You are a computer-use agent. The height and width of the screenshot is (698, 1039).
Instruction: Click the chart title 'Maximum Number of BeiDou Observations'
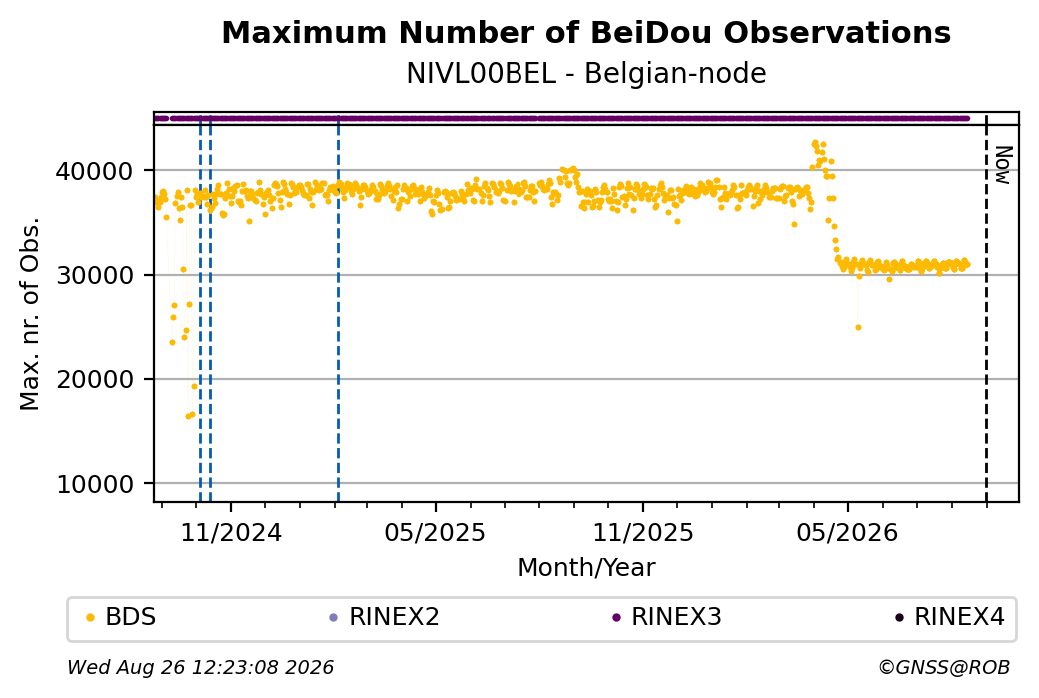[585, 32]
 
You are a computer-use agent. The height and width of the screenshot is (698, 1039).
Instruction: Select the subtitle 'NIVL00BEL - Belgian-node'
[585, 74]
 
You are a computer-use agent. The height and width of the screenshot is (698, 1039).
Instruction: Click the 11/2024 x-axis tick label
[231, 532]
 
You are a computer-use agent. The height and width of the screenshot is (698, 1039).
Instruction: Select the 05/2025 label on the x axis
[435, 532]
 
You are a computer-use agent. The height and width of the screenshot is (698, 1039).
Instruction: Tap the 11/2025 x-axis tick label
[642, 532]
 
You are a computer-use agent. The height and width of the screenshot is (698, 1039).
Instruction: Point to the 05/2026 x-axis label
[847, 532]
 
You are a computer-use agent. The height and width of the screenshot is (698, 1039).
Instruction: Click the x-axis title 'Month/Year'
[586, 567]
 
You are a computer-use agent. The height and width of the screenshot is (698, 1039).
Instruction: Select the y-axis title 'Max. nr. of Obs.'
[30, 314]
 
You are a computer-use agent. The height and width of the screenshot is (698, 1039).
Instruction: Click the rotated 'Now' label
[1004, 165]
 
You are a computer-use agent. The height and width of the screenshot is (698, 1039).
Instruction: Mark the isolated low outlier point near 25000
[859, 328]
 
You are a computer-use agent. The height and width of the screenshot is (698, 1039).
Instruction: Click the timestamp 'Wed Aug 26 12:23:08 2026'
[201, 667]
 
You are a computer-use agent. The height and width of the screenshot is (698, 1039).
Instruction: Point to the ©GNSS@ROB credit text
[944, 667]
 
